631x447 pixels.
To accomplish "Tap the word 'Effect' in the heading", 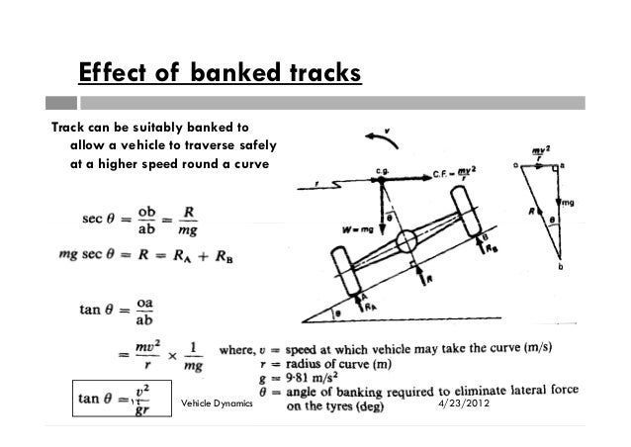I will tap(111, 75).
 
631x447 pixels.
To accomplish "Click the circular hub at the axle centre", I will tap(406, 242).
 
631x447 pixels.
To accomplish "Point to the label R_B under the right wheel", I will tap(491, 251).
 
